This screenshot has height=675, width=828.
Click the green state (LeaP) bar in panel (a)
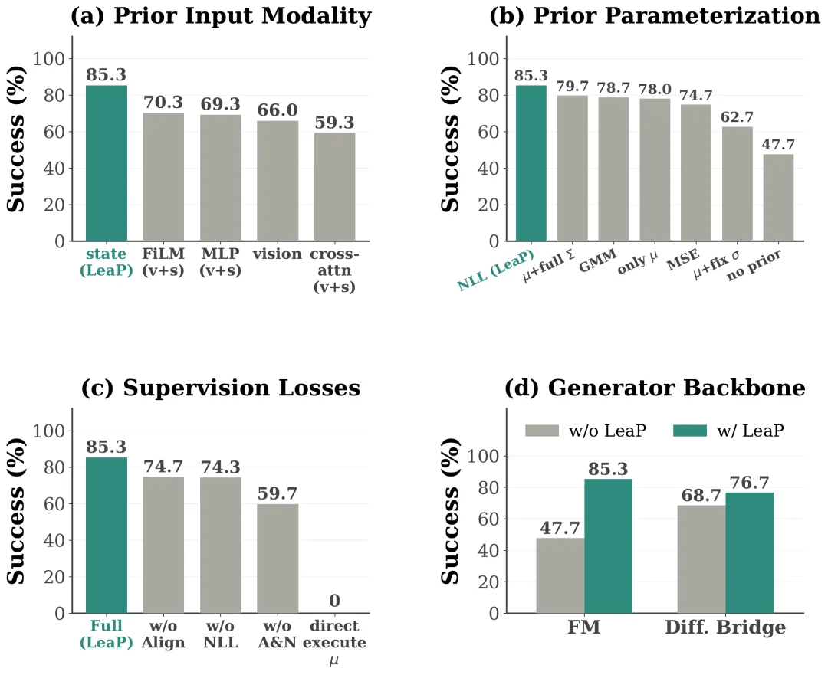106,163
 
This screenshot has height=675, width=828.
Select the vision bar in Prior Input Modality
278,181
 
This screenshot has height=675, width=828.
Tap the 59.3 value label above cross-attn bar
334,123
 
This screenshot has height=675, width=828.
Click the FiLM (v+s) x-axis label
163,262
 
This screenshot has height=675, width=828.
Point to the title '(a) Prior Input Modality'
221,16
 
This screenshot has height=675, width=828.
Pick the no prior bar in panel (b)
778,198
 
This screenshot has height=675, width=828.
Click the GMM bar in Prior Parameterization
613,169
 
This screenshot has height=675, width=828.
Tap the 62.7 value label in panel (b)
737,116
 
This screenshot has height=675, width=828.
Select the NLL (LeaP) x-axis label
496,270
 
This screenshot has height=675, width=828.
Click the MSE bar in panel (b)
695,173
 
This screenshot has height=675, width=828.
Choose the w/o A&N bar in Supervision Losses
278,559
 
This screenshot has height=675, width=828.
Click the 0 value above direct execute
334,601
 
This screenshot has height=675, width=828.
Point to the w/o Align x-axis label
163,634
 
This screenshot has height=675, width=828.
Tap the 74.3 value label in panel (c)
220,467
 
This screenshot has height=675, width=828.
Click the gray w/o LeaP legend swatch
542,431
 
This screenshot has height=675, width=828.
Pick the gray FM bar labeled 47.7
560,576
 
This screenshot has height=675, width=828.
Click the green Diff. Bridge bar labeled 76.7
749,553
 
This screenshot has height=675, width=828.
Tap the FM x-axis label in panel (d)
584,627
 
